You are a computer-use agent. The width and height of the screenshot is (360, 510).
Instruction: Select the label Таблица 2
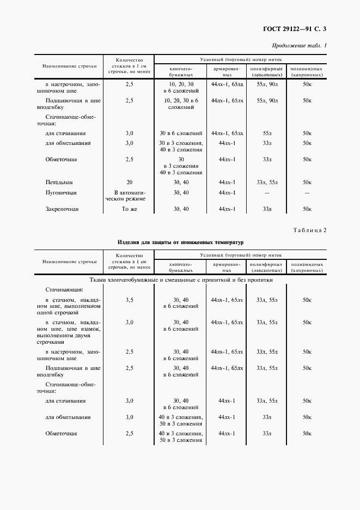click(309, 230)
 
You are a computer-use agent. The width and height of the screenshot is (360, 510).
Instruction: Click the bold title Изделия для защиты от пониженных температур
click(180, 241)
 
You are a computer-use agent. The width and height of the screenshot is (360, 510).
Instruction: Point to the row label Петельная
click(59, 183)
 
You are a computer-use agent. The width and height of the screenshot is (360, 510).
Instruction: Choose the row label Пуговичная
click(61, 193)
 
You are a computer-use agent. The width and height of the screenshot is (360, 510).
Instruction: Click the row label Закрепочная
click(63, 209)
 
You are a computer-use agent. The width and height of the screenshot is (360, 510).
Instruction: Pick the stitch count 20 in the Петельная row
click(129, 183)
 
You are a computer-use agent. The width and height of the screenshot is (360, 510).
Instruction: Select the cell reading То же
click(129, 209)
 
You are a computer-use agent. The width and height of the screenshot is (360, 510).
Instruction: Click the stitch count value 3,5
click(129, 300)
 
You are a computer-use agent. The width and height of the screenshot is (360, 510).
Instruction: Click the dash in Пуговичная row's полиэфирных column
click(266, 193)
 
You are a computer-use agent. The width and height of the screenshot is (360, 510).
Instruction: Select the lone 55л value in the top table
click(267, 133)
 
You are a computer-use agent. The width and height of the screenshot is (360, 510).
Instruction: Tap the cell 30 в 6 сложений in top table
click(181, 133)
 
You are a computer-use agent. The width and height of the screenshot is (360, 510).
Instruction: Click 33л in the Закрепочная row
click(267, 209)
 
